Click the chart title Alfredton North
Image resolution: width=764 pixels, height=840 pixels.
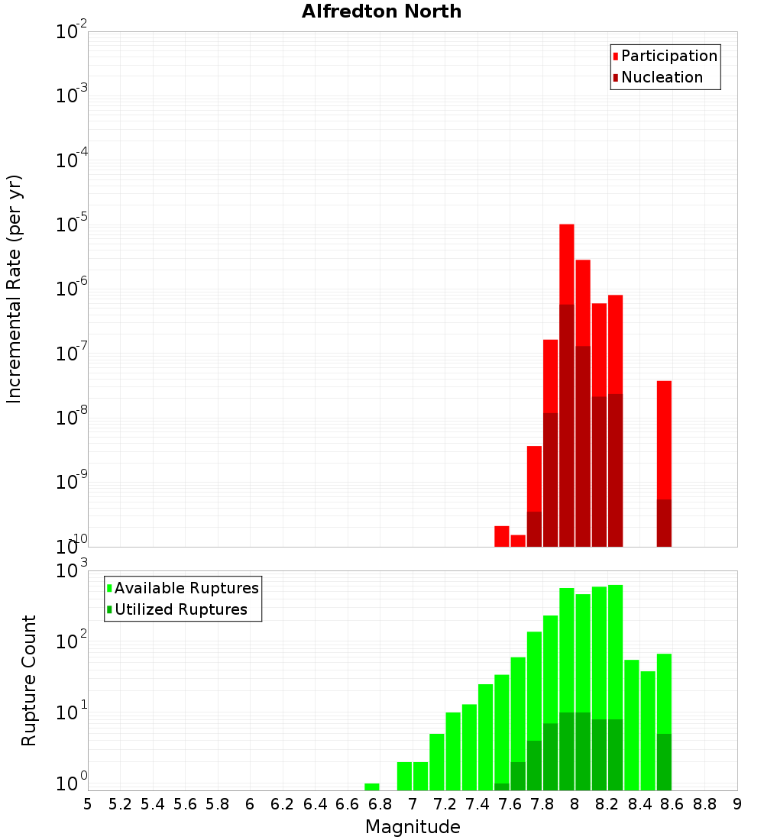(x=381, y=11)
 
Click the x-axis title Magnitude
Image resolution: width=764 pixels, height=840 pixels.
(x=413, y=827)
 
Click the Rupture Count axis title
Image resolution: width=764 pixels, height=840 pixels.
(x=29, y=680)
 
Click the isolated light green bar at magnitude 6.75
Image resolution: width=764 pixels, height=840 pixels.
(x=371, y=787)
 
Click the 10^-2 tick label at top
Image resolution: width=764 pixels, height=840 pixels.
(x=72, y=32)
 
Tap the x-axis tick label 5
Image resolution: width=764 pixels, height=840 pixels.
(x=88, y=804)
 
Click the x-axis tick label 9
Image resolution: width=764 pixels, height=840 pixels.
(x=736, y=804)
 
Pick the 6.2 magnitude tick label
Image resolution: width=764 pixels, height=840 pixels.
(x=283, y=804)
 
